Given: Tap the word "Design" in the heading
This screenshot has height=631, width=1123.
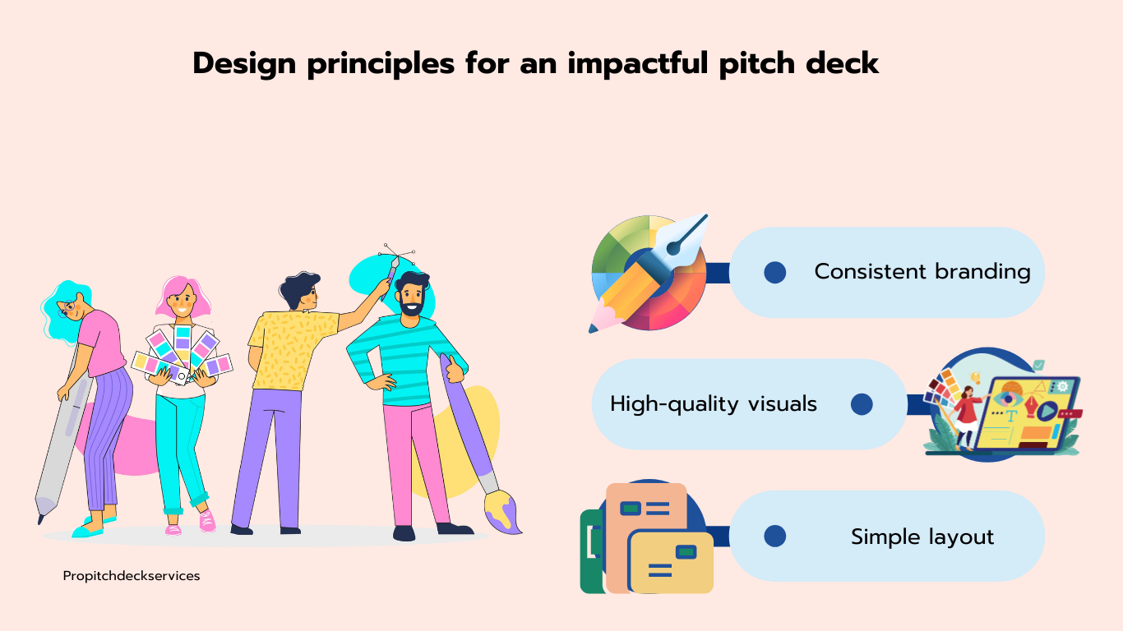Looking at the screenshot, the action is pyautogui.click(x=244, y=63).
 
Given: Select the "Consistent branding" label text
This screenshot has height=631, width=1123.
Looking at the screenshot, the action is pyautogui.click(x=922, y=272).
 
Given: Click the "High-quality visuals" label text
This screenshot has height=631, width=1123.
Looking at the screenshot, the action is pyautogui.click(x=714, y=404).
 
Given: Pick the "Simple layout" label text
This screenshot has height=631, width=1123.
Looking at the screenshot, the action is pyautogui.click(x=922, y=537).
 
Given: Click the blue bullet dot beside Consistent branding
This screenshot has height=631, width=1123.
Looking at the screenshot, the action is pyautogui.click(x=774, y=272).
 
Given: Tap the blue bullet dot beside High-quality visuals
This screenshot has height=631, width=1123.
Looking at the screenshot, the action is pyautogui.click(x=862, y=404).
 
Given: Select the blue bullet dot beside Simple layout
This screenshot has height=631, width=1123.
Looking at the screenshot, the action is pyautogui.click(x=774, y=536).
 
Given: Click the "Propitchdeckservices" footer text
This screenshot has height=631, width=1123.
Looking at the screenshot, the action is pyautogui.click(x=132, y=576).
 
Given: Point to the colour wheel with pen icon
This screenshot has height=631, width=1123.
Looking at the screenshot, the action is pyautogui.click(x=649, y=273).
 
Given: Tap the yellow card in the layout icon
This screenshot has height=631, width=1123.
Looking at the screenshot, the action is pyautogui.click(x=672, y=562).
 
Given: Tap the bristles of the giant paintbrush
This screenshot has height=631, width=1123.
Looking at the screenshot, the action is pyautogui.click(x=503, y=513).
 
